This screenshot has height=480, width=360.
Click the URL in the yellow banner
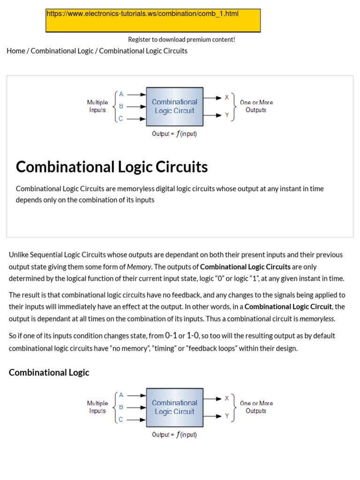142,14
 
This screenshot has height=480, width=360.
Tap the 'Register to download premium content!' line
181,39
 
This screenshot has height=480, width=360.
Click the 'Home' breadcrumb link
16,51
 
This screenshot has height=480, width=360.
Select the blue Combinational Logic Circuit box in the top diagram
175,106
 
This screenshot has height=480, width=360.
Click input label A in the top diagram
121,94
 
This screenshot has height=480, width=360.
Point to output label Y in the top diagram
227,115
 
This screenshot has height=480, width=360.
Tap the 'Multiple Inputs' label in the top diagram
97,106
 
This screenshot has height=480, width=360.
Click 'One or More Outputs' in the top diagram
256,106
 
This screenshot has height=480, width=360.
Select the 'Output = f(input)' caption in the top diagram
174,134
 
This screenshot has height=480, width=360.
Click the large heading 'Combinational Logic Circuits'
112,167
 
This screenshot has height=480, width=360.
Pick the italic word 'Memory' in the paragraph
139,267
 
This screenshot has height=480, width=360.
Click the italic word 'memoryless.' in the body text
317,319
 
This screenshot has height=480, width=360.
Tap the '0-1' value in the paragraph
171,336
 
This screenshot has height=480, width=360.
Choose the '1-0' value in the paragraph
193,336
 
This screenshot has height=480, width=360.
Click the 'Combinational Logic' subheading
49,372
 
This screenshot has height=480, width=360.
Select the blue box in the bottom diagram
175,407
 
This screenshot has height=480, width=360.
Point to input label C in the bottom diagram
121,420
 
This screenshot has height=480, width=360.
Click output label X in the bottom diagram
227,398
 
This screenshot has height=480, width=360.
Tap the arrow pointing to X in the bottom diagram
213,399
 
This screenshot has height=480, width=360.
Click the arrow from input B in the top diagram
136,106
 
